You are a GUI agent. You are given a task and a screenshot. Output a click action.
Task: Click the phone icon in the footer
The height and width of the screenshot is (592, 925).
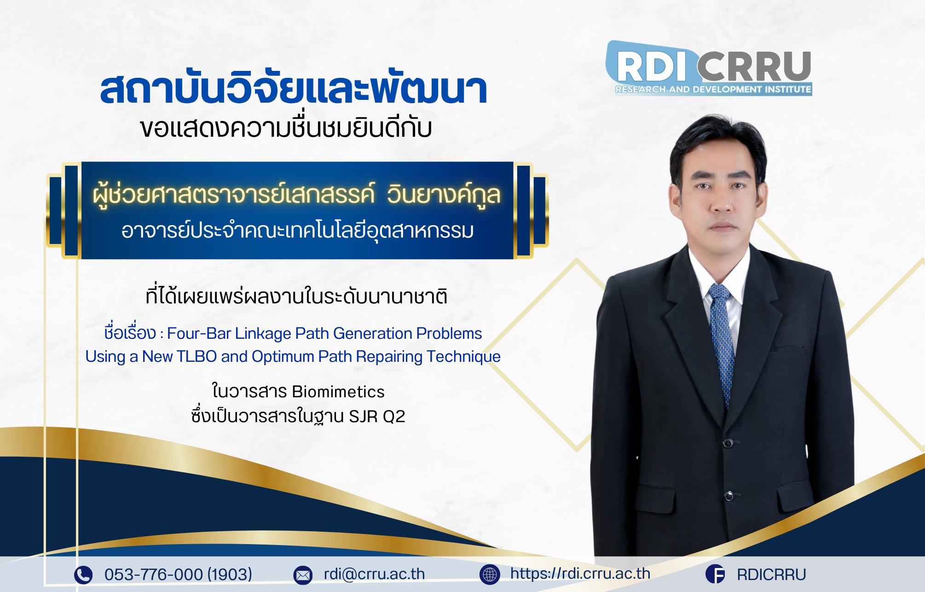[x=83, y=575]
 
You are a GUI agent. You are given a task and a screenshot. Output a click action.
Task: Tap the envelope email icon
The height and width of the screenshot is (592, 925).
[x=303, y=575]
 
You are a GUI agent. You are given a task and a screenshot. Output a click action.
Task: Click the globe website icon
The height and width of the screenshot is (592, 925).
[x=490, y=575]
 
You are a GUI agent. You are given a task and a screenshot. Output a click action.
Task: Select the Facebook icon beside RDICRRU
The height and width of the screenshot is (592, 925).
[x=715, y=575]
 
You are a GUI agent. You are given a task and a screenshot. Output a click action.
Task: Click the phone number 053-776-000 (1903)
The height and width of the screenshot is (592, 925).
[x=178, y=575]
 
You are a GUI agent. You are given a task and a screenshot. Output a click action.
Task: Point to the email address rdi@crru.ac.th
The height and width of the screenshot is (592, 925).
[x=374, y=574]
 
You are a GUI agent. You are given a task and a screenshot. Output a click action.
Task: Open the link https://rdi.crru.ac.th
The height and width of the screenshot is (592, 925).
[x=580, y=574]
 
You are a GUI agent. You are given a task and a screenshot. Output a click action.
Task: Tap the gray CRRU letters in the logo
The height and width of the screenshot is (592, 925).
[x=754, y=66]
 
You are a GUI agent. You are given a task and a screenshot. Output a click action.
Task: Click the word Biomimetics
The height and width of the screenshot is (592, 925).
[x=338, y=392]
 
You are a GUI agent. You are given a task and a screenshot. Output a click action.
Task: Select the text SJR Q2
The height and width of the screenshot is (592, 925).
[x=377, y=416]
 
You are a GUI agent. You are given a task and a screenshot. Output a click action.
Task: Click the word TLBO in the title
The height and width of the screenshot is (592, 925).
[x=197, y=356]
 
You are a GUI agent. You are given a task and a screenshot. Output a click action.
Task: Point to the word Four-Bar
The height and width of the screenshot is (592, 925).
[x=199, y=333]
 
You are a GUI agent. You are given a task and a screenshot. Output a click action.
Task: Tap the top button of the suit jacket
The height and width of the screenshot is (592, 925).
[x=728, y=443]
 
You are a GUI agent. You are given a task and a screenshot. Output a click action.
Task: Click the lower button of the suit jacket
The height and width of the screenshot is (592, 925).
[x=728, y=496]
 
